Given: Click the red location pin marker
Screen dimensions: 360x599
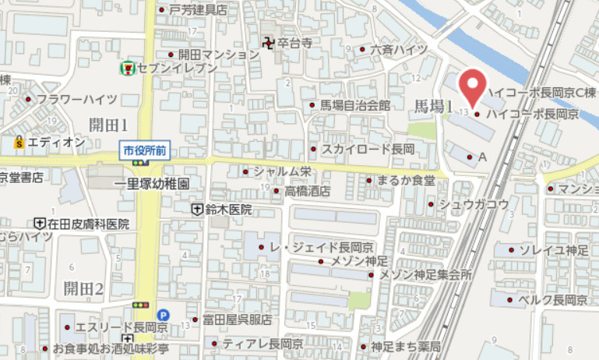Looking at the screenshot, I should coord(473,86).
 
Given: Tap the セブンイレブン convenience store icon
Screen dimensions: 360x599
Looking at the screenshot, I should coord(125,69).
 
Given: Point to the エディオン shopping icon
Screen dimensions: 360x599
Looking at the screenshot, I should coord(18,142).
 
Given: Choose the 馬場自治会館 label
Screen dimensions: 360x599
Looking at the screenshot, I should coord(354,105).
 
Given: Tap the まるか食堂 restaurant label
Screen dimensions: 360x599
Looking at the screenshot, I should coord(405,180).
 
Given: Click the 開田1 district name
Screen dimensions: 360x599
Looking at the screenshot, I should coord(107,124).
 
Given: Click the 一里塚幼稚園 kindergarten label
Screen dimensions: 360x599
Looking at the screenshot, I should coord(152,185).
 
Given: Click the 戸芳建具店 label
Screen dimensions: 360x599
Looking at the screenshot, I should coord(198,10).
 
